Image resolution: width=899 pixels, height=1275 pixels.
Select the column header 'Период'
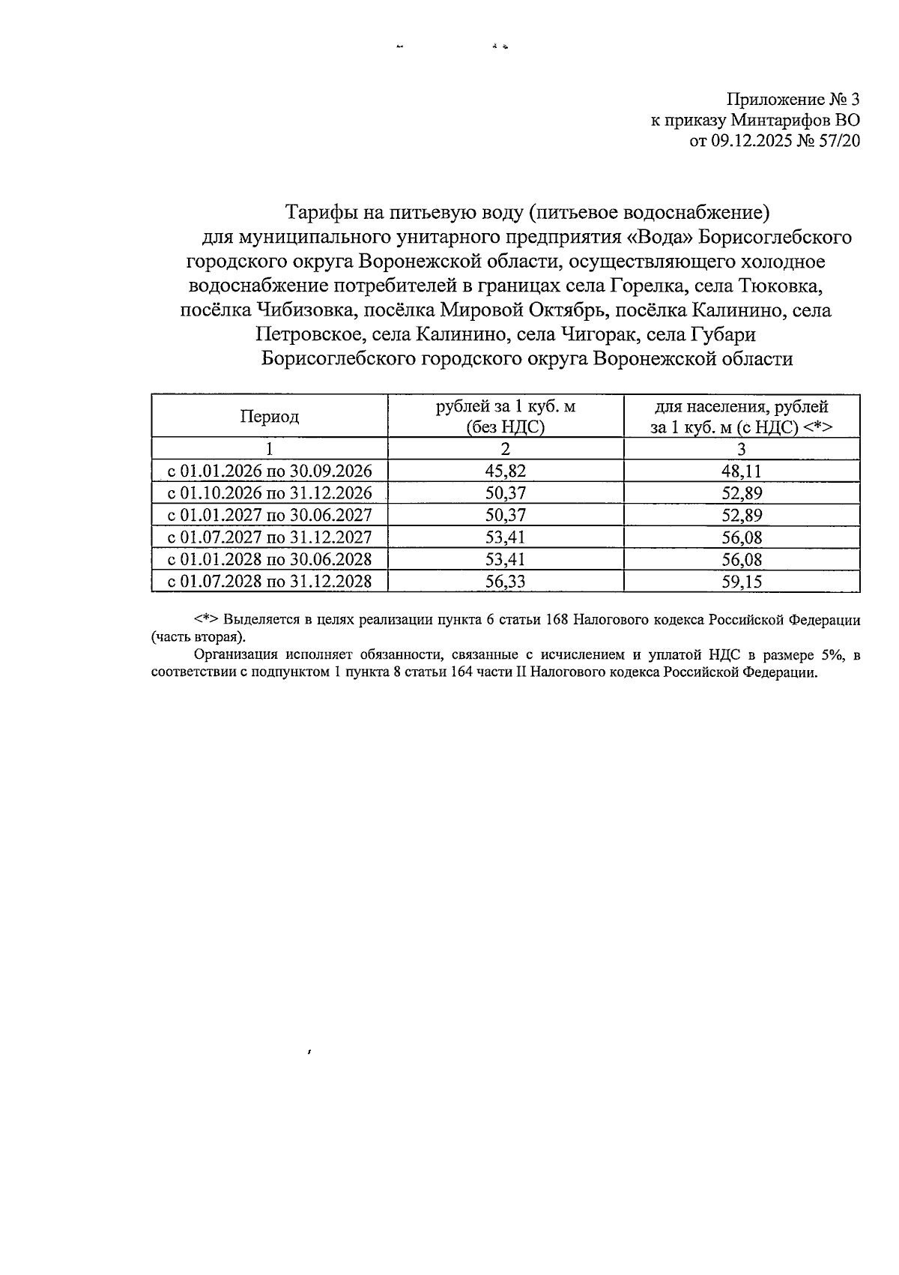pyautogui.click(x=269, y=417)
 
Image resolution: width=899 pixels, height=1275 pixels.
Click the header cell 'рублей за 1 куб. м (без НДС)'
pyautogui.click(x=506, y=417)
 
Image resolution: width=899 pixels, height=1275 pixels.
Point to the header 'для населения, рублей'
pyautogui.click(x=741, y=407)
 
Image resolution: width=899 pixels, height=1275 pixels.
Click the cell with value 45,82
pyautogui.click(x=506, y=471)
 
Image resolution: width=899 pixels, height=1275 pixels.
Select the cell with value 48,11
pyautogui.click(x=741, y=471)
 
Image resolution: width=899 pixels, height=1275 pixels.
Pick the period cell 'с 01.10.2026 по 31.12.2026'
pyautogui.click(x=269, y=493)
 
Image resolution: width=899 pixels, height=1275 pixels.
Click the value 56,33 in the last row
pyautogui.click(x=506, y=582)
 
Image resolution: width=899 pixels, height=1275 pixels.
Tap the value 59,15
pyautogui.click(x=741, y=582)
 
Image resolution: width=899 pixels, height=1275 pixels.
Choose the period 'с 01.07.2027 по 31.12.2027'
pyautogui.click(x=269, y=537)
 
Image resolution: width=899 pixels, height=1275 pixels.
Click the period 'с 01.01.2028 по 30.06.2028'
pyautogui.click(x=269, y=559)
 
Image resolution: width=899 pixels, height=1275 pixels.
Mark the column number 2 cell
pyautogui.click(x=506, y=449)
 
